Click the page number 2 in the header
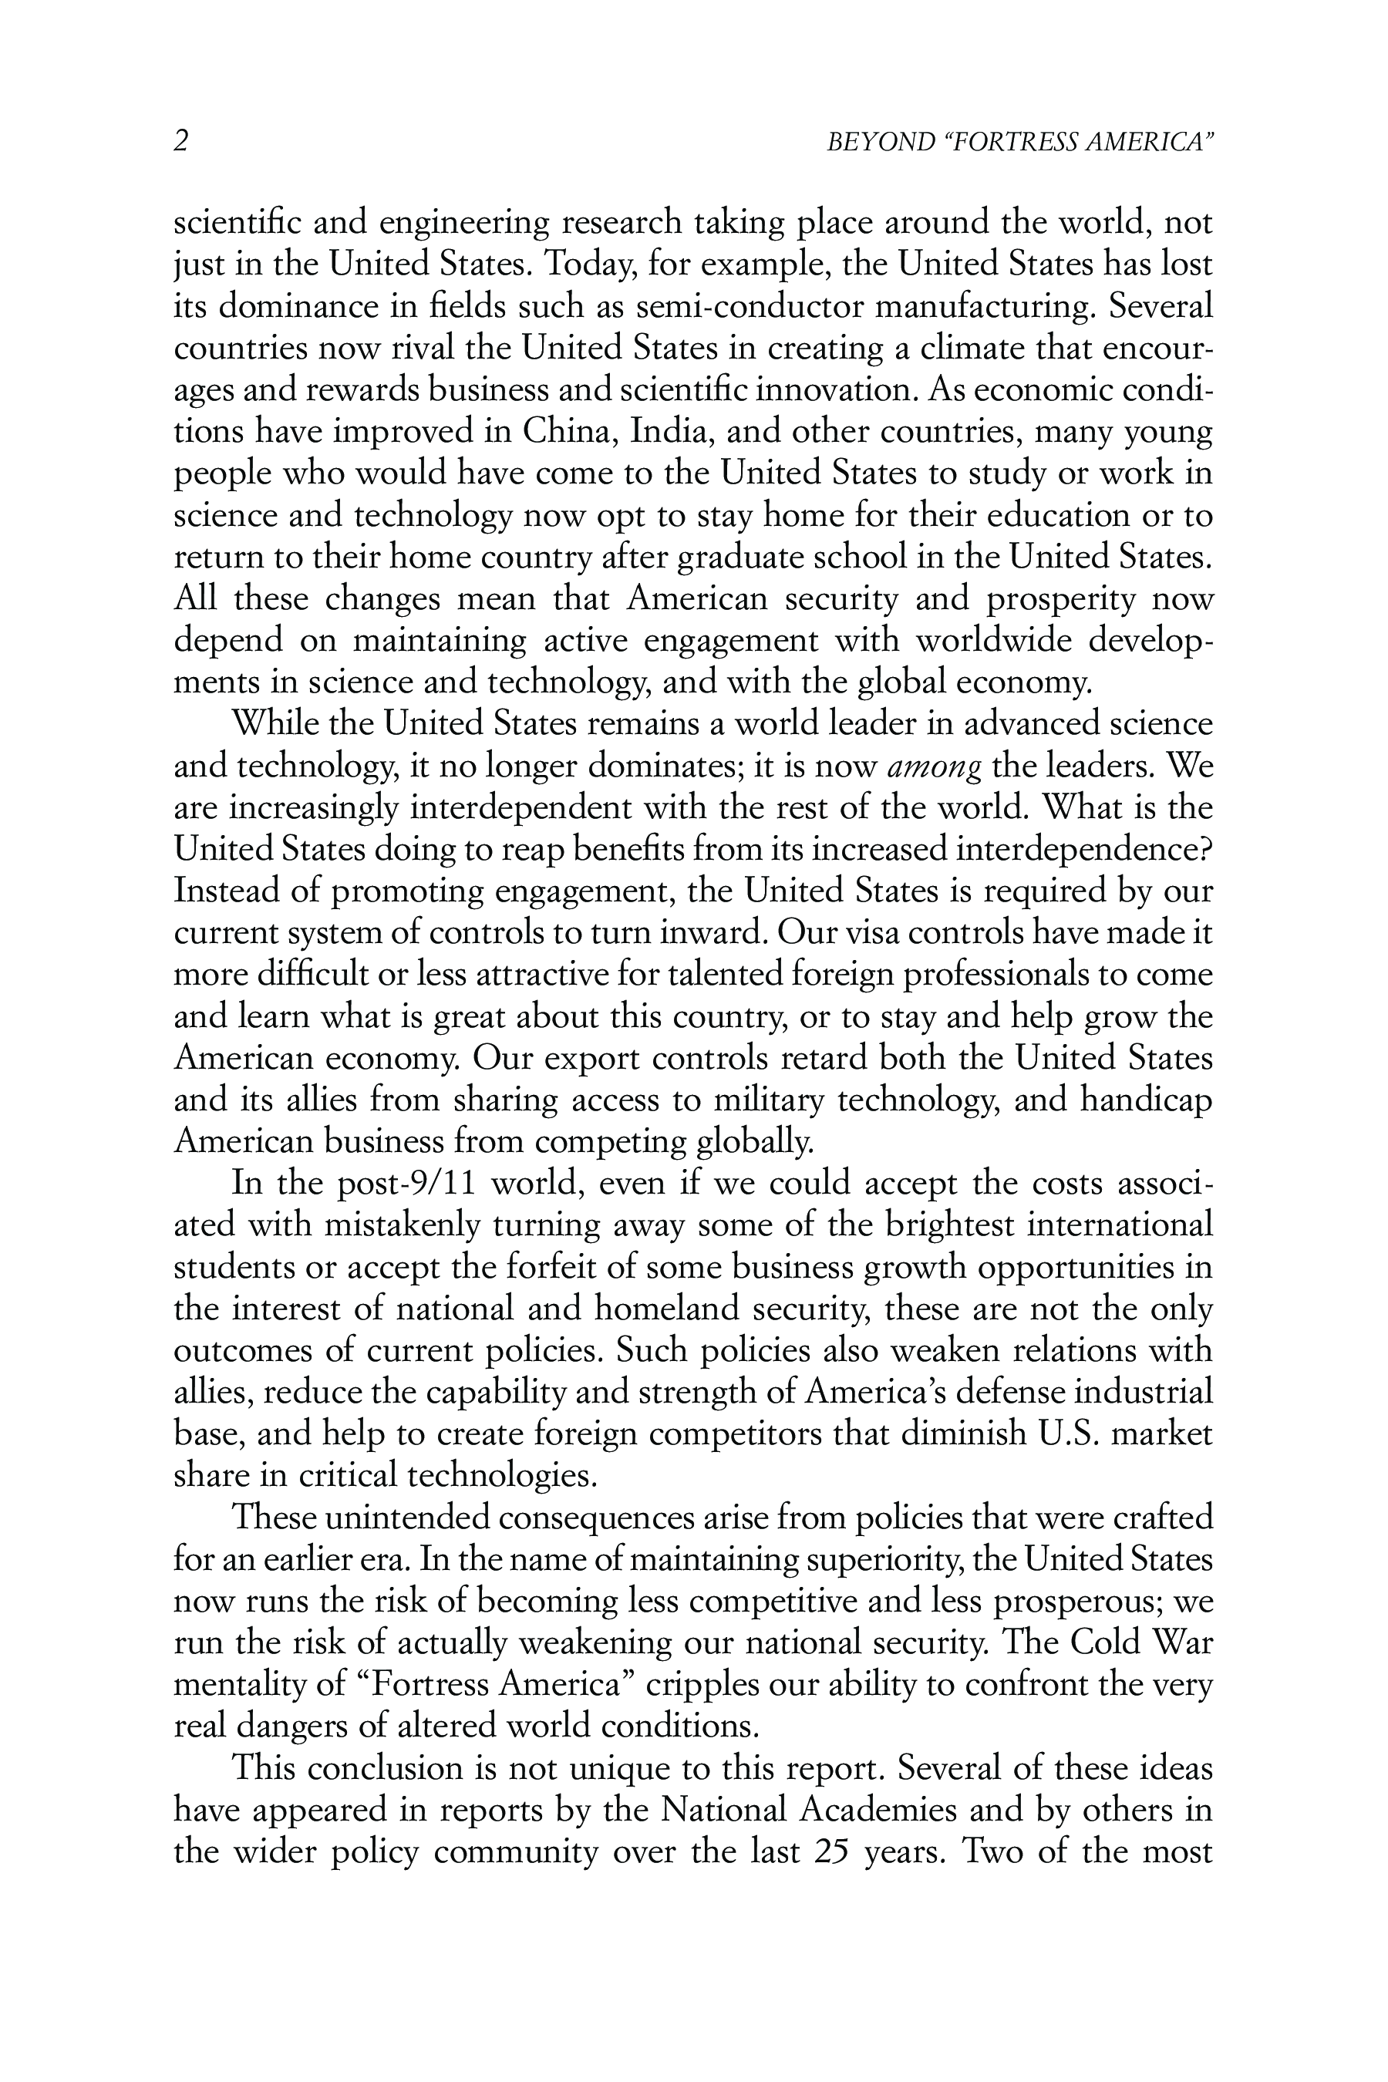click(x=180, y=142)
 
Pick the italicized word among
click(x=934, y=766)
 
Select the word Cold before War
click(x=1107, y=1643)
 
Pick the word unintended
click(x=407, y=1518)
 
